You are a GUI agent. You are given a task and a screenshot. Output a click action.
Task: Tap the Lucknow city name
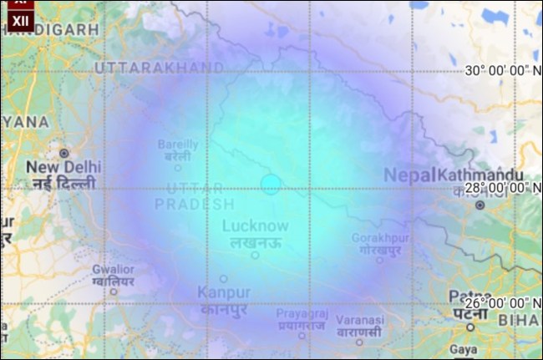256,226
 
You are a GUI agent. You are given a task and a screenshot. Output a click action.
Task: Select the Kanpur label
224,292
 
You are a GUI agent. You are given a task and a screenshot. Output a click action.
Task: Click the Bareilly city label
178,145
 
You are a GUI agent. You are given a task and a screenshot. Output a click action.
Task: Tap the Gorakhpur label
380,238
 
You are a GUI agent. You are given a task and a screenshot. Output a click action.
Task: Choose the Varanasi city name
360,320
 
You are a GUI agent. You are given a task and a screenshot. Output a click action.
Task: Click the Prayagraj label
302,313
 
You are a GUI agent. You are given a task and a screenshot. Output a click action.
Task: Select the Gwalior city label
113,270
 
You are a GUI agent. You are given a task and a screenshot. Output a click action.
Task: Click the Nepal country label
409,175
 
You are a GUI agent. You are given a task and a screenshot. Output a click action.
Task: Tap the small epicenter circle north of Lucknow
270,185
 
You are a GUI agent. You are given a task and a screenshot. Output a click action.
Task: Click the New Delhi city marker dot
64,154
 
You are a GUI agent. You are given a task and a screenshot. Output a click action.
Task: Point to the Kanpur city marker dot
223,279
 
